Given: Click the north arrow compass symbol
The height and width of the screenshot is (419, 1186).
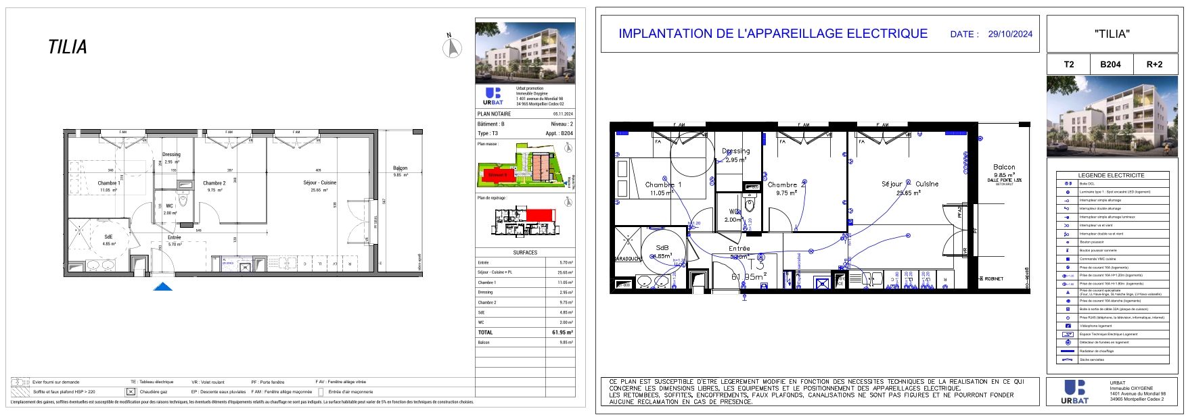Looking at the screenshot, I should pos(452,47).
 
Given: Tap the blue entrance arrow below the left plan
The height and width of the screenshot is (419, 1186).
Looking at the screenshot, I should pos(162,287).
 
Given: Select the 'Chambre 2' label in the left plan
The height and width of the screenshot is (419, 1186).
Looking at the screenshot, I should pos(214,183).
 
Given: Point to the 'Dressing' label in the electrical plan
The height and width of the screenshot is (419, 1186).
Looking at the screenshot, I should pos(735,151).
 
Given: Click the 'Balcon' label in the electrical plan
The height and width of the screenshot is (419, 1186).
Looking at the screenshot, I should pos(1004,167).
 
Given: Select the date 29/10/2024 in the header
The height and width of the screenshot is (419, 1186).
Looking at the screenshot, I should pos(1010,34).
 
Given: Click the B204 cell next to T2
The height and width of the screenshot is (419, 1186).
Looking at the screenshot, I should pos(1110,64).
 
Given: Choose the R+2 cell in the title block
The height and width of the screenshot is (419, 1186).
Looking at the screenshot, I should pos(1154,64).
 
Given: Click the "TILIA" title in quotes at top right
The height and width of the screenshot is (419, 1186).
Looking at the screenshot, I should pos(1112,34).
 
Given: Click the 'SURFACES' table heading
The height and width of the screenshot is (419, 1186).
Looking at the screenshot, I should pos(525,253).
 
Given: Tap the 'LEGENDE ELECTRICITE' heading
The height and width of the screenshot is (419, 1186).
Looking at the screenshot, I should pos(1111,175).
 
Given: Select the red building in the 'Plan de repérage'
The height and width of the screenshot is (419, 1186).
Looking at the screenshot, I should pos(540,214).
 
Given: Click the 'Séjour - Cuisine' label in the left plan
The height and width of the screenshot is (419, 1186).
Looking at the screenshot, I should pos(319,183).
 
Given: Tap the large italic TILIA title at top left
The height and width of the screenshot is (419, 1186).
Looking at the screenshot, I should pos(68,47).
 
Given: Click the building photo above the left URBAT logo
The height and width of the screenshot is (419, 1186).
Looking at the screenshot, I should pos(525,53).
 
